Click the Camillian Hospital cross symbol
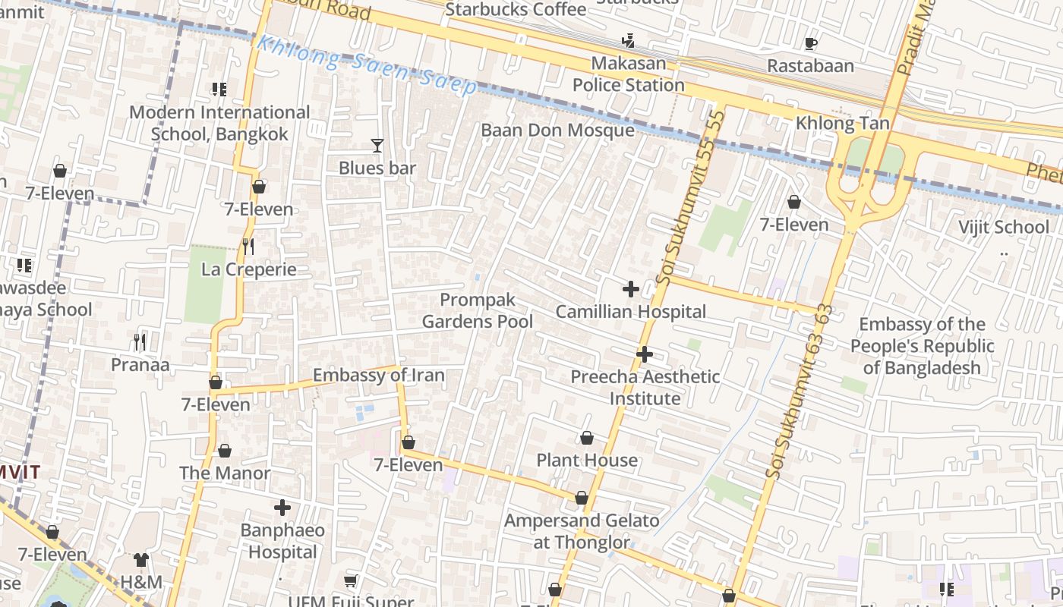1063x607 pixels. coord(630,289)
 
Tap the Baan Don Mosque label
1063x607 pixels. coord(557,131)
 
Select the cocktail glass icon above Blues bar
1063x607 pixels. coord(377,145)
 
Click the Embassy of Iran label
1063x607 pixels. coord(378,375)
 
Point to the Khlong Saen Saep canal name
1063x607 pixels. coord(367,65)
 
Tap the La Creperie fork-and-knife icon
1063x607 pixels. coord(248,247)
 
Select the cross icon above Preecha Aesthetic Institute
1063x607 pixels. coord(644,354)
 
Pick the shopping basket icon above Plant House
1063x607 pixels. coord(586,438)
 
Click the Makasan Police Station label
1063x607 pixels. coord(628,74)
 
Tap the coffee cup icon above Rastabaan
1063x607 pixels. coord(810,43)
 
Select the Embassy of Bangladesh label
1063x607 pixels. coord(922,346)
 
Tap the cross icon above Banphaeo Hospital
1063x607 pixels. coord(282,508)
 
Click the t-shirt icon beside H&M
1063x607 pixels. coord(141,560)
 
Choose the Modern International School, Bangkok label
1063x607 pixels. coord(219,123)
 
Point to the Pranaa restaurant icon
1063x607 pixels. coord(140,342)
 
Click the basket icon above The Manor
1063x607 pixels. coord(224,451)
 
